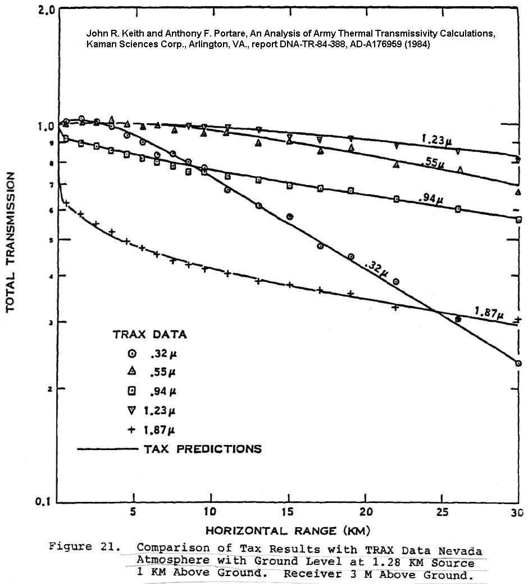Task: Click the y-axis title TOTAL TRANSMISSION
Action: coord(10,242)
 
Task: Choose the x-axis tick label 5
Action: coord(133,513)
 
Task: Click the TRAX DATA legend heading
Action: coord(149,335)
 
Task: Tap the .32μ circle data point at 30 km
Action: coord(518,363)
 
